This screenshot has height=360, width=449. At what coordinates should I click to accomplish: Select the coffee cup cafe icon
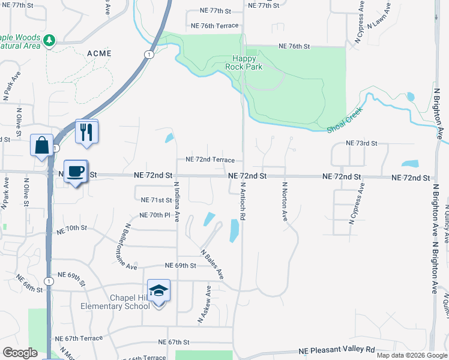(x=76, y=171)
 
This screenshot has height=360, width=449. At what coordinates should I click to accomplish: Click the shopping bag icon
(x=41, y=145)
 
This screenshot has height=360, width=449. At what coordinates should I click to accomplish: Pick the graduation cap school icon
(x=158, y=291)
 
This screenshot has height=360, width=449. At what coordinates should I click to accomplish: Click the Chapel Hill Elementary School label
(x=115, y=302)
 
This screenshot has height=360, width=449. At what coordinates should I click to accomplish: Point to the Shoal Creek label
(x=345, y=121)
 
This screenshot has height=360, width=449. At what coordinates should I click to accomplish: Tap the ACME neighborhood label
(x=99, y=53)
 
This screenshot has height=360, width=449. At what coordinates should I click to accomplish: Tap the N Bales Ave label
(x=212, y=264)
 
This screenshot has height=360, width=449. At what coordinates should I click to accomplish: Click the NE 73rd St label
(x=361, y=143)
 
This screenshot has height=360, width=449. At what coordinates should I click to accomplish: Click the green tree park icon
(x=49, y=41)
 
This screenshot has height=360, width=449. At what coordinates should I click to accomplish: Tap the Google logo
(x=20, y=352)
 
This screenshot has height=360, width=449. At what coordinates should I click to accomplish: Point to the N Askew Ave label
(x=205, y=305)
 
